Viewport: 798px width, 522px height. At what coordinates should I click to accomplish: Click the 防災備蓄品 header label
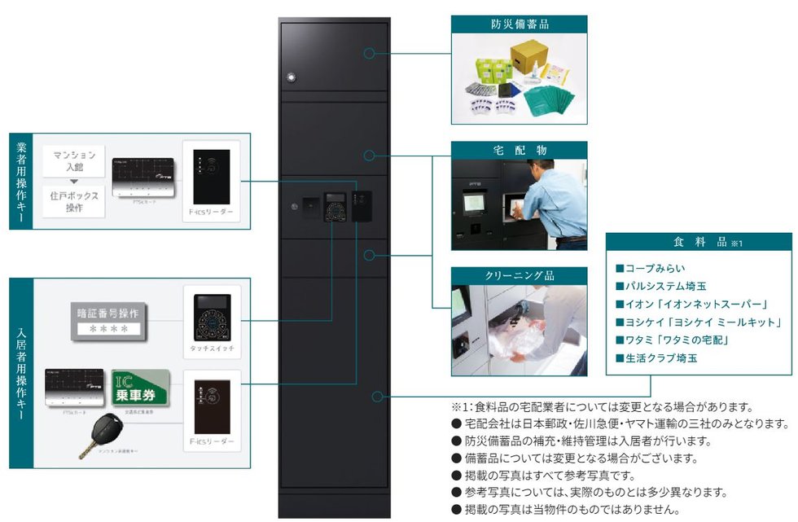click(x=519, y=24)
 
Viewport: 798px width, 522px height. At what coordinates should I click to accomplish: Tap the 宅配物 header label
click(x=519, y=150)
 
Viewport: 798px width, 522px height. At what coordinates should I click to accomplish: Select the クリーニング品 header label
click(x=519, y=275)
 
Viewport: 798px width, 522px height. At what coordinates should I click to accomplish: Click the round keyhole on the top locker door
click(x=289, y=79)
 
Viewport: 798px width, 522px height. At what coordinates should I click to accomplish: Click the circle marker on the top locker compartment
click(x=369, y=54)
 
